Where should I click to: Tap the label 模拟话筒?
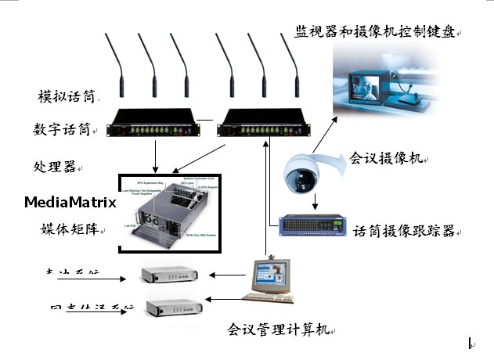pyautogui.click(x=67, y=97)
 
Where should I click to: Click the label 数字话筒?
pyautogui.click(x=62, y=128)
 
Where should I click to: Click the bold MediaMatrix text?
pyautogui.click(x=70, y=203)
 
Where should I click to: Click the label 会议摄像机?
pyautogui.click(x=387, y=157)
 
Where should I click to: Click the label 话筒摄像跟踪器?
pyautogui.click(x=404, y=231)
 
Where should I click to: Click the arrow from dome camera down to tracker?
pyautogui.click(x=315, y=201)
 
